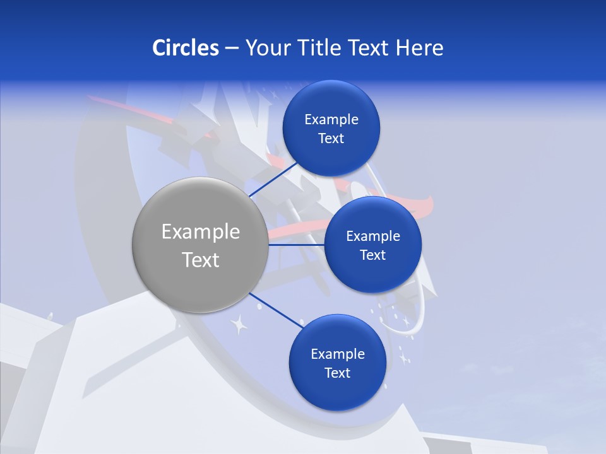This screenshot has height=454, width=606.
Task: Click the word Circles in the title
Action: click(x=185, y=48)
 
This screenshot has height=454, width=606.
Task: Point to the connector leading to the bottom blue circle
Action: click(x=276, y=310)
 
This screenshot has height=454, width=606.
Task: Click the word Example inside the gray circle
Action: click(x=201, y=232)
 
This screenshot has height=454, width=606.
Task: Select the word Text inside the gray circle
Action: click(x=201, y=260)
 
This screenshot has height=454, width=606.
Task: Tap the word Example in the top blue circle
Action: click(x=331, y=120)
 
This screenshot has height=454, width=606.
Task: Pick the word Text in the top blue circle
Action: click(x=331, y=139)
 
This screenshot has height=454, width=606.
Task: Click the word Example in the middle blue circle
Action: click(x=373, y=236)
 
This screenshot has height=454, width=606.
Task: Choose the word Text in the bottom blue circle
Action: click(x=337, y=373)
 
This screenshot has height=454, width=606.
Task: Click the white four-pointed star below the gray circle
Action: click(x=239, y=325)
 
